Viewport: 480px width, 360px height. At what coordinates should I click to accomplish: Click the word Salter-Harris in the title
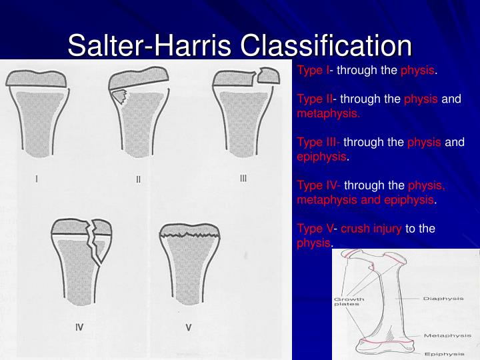[x=150, y=46]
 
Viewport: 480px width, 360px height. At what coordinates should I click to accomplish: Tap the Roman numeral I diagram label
[x=36, y=178]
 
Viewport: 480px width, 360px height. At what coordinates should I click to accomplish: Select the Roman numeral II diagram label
[x=139, y=179]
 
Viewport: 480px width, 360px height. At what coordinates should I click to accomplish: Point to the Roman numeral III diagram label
[x=243, y=178]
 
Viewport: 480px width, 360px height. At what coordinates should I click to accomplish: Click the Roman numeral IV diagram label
[x=79, y=327]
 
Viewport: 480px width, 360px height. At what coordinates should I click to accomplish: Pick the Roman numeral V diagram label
[x=188, y=327]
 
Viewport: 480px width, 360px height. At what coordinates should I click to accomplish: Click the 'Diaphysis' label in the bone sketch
[x=443, y=299]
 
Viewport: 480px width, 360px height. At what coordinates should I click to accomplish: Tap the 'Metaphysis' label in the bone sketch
[x=443, y=335]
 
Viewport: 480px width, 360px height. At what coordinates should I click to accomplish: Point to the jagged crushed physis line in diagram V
[x=190, y=236]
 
